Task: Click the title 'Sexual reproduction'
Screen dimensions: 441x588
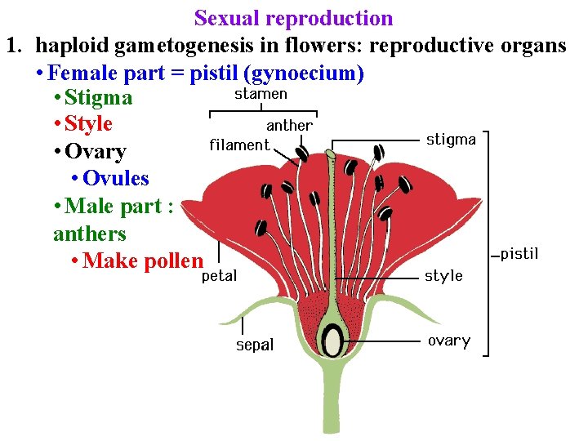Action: (293, 18)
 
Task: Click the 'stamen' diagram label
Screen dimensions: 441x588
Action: (261, 94)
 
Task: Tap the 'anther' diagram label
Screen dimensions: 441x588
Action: (289, 126)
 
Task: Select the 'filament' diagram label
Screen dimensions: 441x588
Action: (239, 145)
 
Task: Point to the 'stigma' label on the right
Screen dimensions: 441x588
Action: (451, 140)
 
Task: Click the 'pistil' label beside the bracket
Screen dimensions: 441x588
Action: (519, 254)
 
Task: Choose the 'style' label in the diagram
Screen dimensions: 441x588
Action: (443, 276)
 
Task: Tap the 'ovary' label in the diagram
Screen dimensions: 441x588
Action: (448, 341)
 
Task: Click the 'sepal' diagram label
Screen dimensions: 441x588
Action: (255, 345)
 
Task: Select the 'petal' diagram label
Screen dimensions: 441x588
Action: (219, 276)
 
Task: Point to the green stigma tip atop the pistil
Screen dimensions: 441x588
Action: (331, 153)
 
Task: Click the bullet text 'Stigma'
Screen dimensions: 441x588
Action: (98, 98)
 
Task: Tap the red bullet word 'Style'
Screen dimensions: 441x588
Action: (88, 125)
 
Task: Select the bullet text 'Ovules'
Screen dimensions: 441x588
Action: (115, 179)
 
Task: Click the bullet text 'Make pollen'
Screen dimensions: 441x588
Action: (142, 261)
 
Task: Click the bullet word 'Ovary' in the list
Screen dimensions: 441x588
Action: (95, 152)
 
